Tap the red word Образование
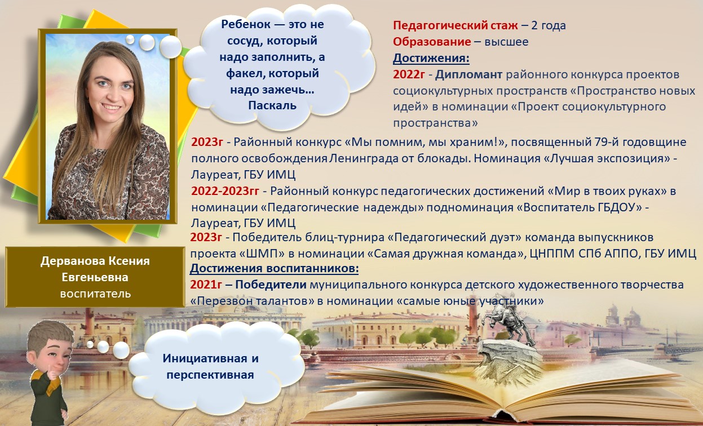click(431, 42)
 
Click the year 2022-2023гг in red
click(225, 191)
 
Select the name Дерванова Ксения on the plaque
click(95, 261)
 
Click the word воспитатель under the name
click(95, 293)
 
